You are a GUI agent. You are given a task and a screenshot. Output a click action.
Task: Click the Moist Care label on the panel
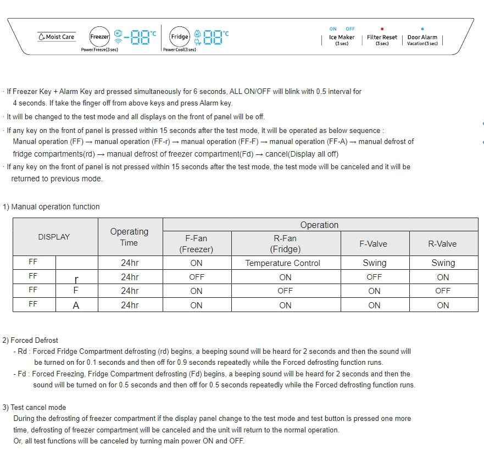(57, 37)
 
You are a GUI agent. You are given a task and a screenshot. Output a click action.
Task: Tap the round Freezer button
(99, 37)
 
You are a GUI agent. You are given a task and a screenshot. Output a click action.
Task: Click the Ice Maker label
(342, 37)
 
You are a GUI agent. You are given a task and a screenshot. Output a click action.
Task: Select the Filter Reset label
(382, 37)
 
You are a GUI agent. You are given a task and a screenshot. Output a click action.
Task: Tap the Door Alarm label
(422, 37)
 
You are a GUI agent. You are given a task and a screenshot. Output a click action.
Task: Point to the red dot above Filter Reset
(382, 29)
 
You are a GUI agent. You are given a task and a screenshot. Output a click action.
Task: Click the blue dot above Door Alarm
(422, 29)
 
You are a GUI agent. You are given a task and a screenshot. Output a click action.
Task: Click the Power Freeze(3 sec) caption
(99, 50)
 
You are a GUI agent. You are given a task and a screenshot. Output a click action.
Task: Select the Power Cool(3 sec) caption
(180, 50)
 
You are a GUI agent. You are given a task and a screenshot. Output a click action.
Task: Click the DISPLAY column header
(54, 237)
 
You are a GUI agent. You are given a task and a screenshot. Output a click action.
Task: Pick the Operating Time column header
(129, 237)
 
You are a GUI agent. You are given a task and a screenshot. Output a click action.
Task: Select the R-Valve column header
(443, 243)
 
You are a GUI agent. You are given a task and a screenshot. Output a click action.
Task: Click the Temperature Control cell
(282, 263)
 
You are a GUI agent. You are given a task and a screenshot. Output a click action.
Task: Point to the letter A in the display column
(76, 305)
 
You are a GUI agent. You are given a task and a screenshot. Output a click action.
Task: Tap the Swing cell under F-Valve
(374, 263)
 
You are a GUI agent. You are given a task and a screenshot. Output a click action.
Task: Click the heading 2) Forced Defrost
(31, 340)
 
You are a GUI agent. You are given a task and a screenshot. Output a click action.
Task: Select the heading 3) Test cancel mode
(34, 407)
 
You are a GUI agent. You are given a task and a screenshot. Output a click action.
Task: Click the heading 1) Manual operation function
(52, 207)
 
